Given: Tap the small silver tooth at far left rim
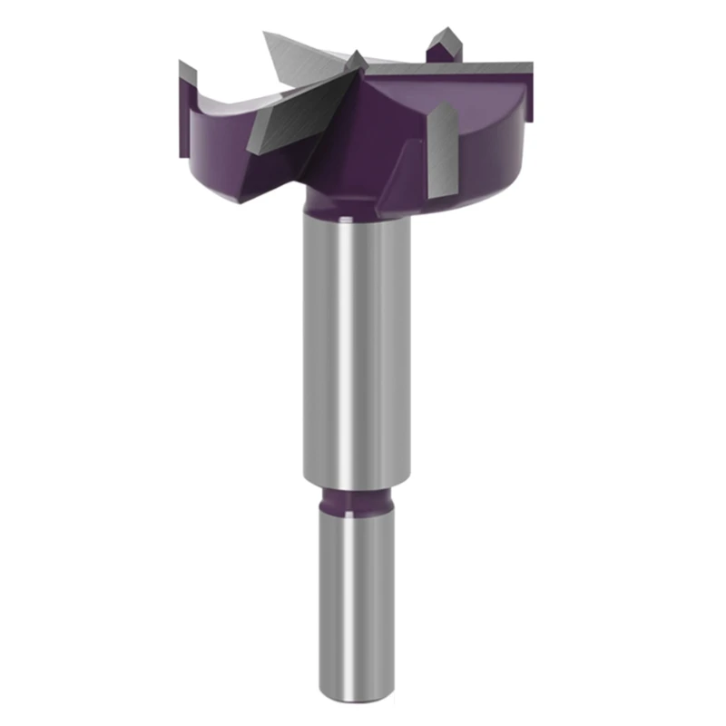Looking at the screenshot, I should [188, 72].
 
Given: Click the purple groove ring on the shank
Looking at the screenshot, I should [356, 499].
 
